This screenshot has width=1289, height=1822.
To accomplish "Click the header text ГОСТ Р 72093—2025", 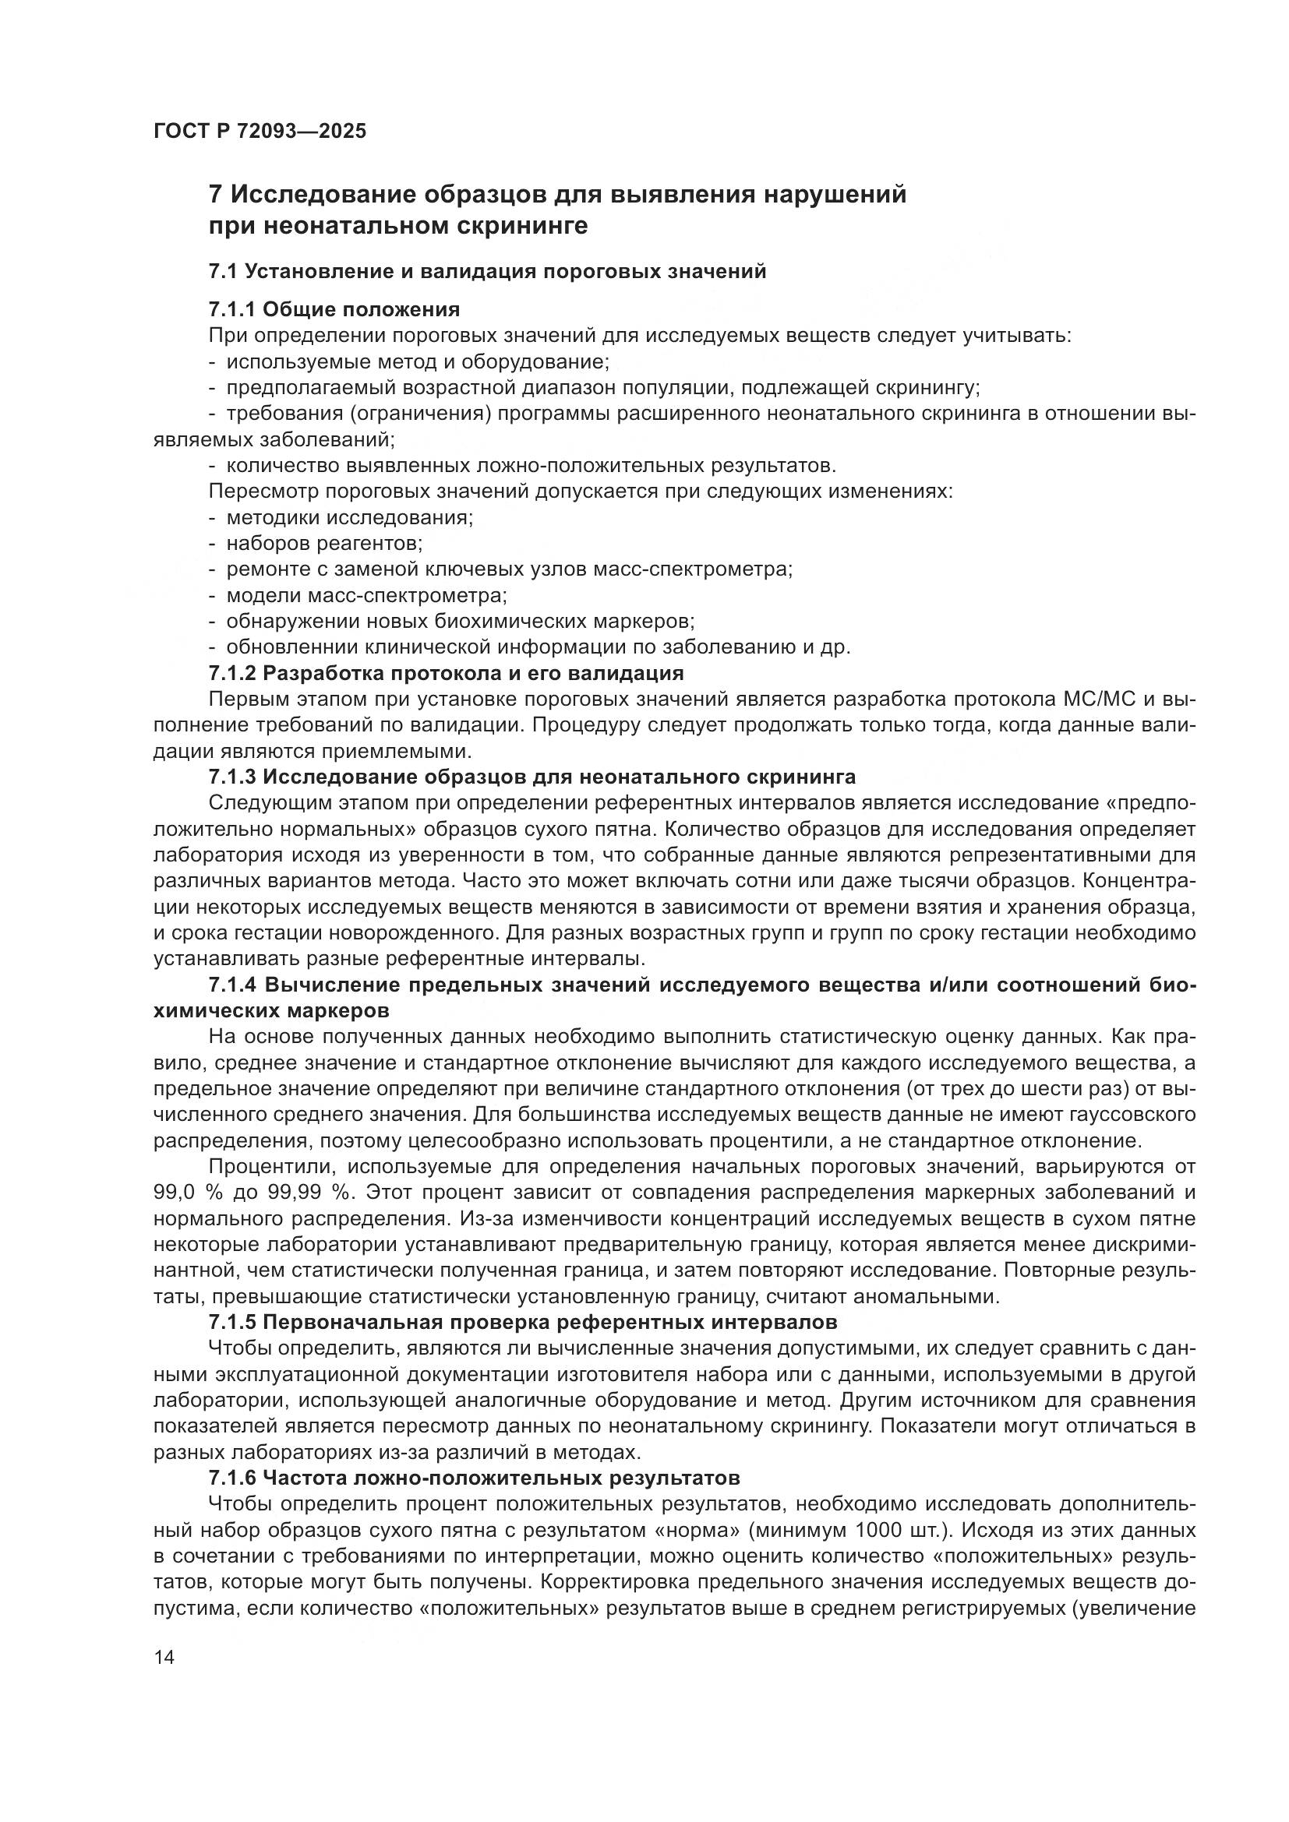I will [260, 132].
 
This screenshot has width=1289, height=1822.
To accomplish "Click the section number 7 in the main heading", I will [214, 195].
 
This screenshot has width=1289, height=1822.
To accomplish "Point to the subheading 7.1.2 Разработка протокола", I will [445, 674].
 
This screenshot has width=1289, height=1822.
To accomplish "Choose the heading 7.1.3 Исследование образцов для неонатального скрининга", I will [531, 776].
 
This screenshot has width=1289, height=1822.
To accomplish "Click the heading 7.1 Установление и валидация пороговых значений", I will [486, 272].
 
